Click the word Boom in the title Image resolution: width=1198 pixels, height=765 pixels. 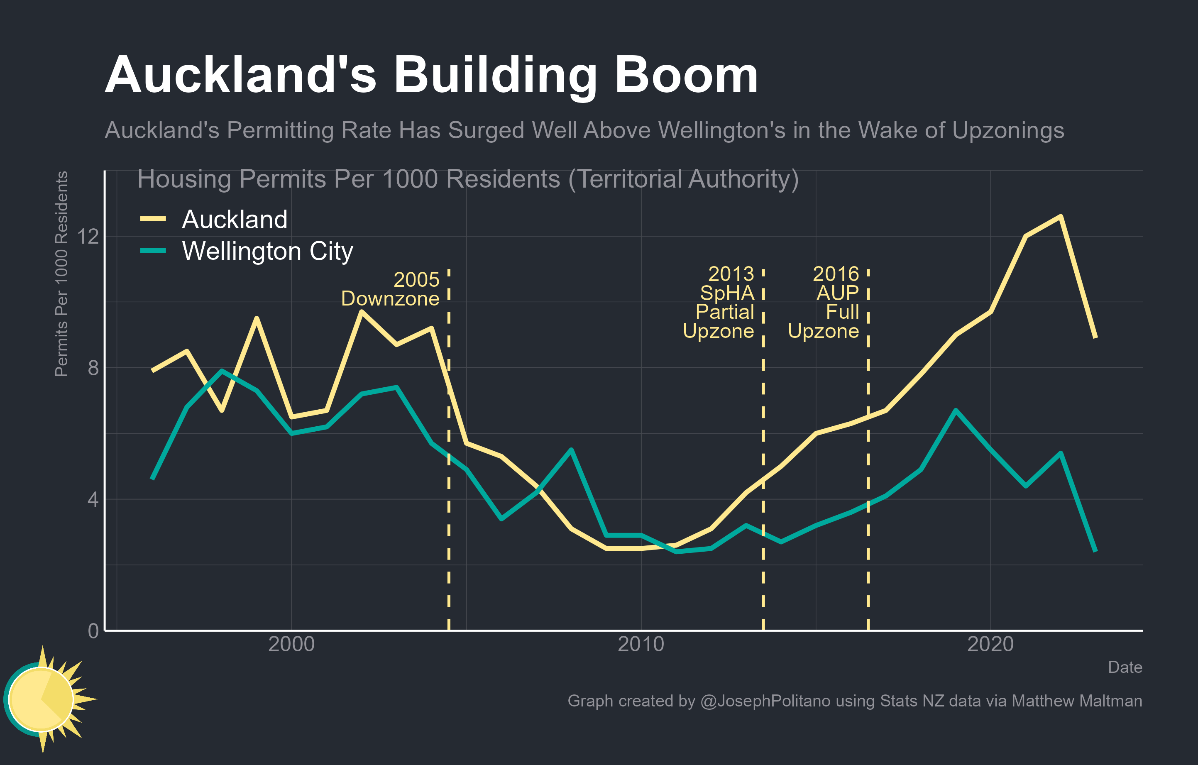[686, 76]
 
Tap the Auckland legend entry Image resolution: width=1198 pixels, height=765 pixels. [234, 219]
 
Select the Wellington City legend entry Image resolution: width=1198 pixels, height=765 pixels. [267, 251]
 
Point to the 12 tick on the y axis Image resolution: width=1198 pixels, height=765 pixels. [88, 236]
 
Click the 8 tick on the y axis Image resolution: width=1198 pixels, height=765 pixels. [93, 368]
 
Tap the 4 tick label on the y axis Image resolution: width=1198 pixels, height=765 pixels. [93, 499]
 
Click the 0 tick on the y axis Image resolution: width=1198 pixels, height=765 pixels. [93, 631]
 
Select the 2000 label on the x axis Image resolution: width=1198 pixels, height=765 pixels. [291, 644]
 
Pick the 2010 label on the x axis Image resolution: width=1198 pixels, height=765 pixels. [641, 644]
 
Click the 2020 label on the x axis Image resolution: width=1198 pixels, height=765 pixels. [990, 644]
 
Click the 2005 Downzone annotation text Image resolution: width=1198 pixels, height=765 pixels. [391, 289]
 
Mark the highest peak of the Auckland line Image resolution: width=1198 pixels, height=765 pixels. [1060, 216]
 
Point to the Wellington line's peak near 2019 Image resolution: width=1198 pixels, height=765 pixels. [956, 411]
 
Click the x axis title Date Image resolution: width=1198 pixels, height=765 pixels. [1125, 667]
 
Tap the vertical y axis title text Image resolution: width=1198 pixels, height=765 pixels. [61, 274]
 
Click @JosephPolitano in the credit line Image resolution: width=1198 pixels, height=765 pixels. [765, 701]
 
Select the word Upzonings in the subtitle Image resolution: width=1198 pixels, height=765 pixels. [1008, 130]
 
